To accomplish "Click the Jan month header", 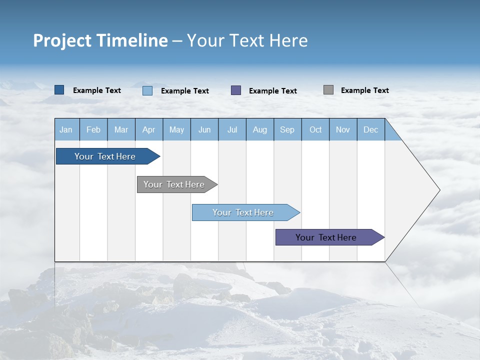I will pyautogui.click(x=66, y=129).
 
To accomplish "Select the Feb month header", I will pyautogui.click(x=93, y=129).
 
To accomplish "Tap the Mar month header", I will pyautogui.click(x=121, y=129).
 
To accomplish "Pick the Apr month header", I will pyautogui.click(x=149, y=129).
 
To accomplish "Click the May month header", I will pyautogui.click(x=176, y=129).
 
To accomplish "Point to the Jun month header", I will pyautogui.click(x=204, y=129).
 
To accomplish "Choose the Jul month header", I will pyautogui.click(x=232, y=129).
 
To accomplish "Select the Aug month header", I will pyautogui.click(x=260, y=129).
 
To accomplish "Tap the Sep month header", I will pyautogui.click(x=287, y=129).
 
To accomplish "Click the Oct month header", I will pyautogui.click(x=315, y=129).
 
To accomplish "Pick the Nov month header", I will pyautogui.click(x=343, y=129).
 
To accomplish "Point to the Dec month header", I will pyautogui.click(x=371, y=129).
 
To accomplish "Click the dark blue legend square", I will pyautogui.click(x=59, y=90).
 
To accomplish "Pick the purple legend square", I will pyautogui.click(x=236, y=90).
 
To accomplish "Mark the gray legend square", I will pyautogui.click(x=328, y=90).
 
